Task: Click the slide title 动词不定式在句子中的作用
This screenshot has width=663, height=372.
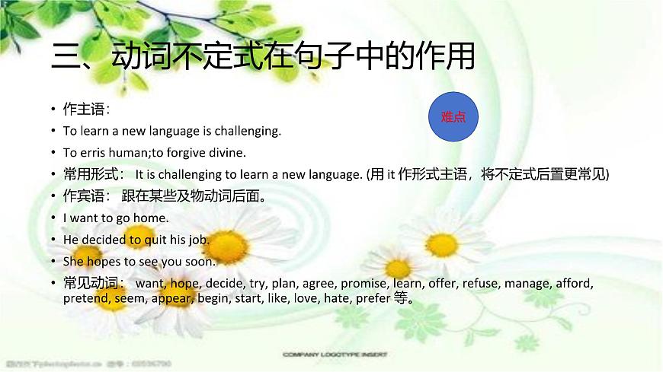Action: coord(263,57)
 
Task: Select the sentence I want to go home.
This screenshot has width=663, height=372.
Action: coord(115,218)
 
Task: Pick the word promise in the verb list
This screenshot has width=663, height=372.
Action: coord(364,283)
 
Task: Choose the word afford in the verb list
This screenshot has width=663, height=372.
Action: coord(572,283)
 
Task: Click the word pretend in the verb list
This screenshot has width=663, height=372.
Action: coord(87,298)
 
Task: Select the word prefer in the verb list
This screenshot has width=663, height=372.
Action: coord(371,298)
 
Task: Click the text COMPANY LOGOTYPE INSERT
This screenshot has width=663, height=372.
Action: coord(335,355)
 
